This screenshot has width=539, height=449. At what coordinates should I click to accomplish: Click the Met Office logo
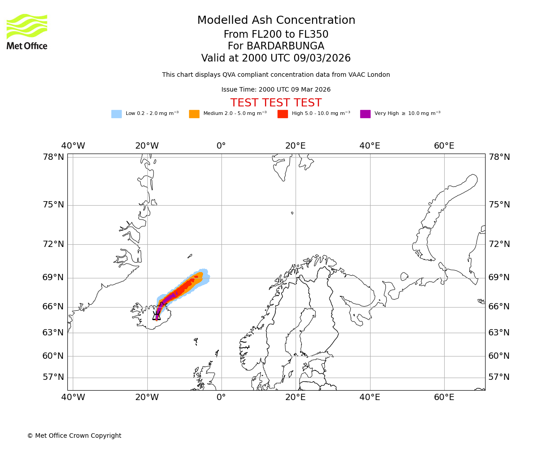[x=27, y=31]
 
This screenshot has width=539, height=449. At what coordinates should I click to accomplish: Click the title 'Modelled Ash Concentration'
[x=276, y=21]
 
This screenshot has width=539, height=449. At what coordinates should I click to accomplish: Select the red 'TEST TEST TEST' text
[x=276, y=103]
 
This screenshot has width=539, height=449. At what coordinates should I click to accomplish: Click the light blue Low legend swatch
[x=116, y=114]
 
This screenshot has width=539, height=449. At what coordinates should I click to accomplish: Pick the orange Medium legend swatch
[x=194, y=114]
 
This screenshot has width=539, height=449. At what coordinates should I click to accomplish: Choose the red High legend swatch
[x=283, y=114]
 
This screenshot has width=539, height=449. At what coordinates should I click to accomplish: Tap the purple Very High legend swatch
[x=365, y=114]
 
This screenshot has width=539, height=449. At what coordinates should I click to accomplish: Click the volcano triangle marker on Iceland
[x=156, y=316]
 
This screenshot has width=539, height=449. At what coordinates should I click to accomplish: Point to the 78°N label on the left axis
[x=53, y=157]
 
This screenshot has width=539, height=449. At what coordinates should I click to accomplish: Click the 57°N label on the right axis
[x=499, y=377]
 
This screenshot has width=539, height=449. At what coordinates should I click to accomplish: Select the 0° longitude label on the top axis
[x=221, y=146]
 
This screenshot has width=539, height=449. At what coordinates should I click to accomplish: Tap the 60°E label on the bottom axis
[x=444, y=398]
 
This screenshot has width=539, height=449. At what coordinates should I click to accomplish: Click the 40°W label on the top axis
[x=73, y=146]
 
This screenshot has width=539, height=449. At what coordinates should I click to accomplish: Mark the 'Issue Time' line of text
[x=276, y=90]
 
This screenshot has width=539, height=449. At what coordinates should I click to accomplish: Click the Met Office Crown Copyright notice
[x=74, y=436]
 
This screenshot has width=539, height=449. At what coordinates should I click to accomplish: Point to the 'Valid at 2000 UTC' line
[x=276, y=58]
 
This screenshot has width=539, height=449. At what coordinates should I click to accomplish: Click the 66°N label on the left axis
[x=53, y=307]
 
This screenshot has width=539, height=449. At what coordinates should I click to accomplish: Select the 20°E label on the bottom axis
[x=295, y=398]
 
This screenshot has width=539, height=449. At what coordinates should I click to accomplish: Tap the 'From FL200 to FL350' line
[x=276, y=35]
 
